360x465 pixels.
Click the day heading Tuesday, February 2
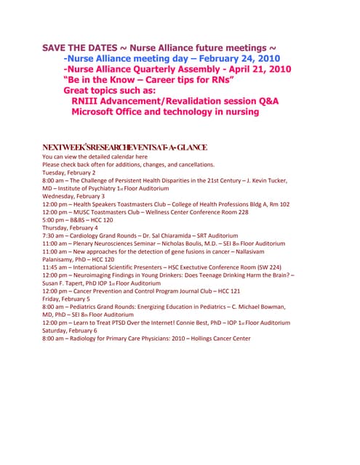(x=69, y=173)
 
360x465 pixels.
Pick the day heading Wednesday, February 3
(x=73, y=196)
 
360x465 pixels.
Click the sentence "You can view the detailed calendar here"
(x=95, y=157)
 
